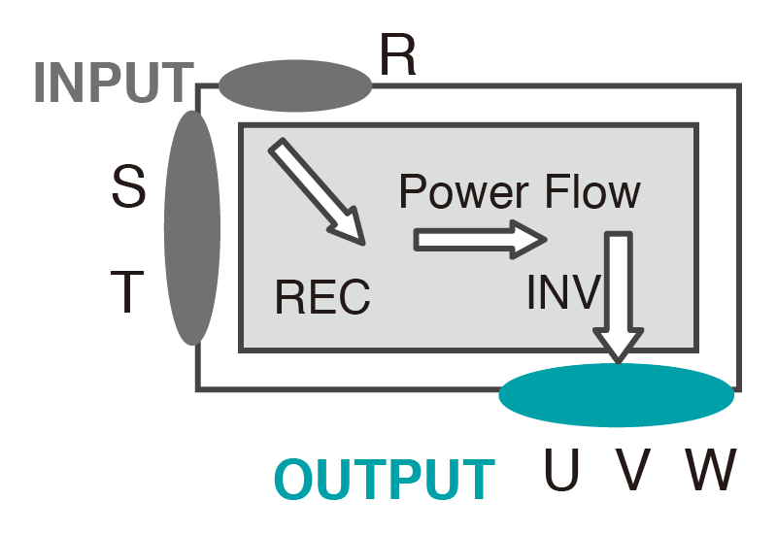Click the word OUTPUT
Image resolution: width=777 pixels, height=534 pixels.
[x=385, y=479]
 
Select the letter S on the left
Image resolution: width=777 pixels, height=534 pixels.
[x=128, y=188]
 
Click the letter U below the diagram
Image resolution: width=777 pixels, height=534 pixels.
[x=561, y=471]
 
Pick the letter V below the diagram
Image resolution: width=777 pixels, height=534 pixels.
[x=632, y=471]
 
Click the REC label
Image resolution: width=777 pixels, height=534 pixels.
[x=322, y=296]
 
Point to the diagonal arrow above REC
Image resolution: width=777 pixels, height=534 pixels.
[x=317, y=191]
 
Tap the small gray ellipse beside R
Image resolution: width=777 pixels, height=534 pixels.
[x=295, y=85]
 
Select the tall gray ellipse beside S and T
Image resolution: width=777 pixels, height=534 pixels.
[x=193, y=227]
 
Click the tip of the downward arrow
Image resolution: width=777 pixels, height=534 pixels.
[x=619, y=359]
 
